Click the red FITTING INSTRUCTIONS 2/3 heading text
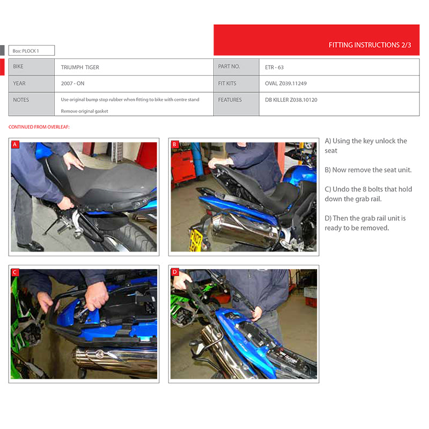pos(369,45)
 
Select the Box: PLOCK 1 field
pos(32,50)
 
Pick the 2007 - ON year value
pos(72,84)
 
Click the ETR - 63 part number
pos(274,68)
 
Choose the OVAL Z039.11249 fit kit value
pos(286,84)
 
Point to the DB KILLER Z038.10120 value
pos(291,100)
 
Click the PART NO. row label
pos(229,66)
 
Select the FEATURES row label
pos(230,100)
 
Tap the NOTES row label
pos(21,100)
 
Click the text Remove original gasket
pos(84,111)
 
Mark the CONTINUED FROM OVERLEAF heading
pos(39,127)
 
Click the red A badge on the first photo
pos(15,144)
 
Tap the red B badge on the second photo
pos(175,144)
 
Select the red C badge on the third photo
pos(15,272)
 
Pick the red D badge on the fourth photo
pos(175,272)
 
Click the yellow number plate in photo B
pos(195,241)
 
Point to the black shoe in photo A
pos(31,246)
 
